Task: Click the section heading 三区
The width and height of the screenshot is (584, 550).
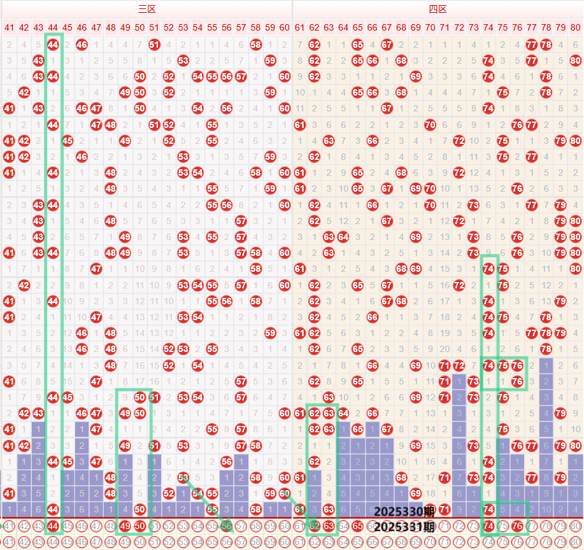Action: [147, 9]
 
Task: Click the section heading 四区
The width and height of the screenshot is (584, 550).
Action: [438, 9]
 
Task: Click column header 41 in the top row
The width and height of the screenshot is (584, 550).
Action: [9, 27]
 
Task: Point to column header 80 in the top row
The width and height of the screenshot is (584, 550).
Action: [576, 27]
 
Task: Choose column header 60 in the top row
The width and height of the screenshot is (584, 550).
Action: [285, 27]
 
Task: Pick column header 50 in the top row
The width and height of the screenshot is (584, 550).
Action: [139, 27]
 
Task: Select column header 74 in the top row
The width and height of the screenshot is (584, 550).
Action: [488, 27]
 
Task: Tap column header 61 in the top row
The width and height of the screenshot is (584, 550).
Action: [299, 27]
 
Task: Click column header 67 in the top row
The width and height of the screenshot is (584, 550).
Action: [387, 27]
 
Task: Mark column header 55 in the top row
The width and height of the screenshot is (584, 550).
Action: [212, 27]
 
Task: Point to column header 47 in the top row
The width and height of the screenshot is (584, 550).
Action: [96, 27]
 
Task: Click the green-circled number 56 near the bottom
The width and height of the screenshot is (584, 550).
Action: [227, 525]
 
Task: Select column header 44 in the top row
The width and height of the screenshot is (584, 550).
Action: [53, 27]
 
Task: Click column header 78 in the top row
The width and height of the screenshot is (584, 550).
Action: [546, 27]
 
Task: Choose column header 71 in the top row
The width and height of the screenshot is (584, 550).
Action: [445, 27]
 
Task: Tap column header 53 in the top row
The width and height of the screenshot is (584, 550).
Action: [183, 27]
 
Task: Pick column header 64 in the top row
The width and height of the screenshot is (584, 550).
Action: [343, 27]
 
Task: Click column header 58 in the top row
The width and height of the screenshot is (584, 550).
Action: [256, 27]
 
